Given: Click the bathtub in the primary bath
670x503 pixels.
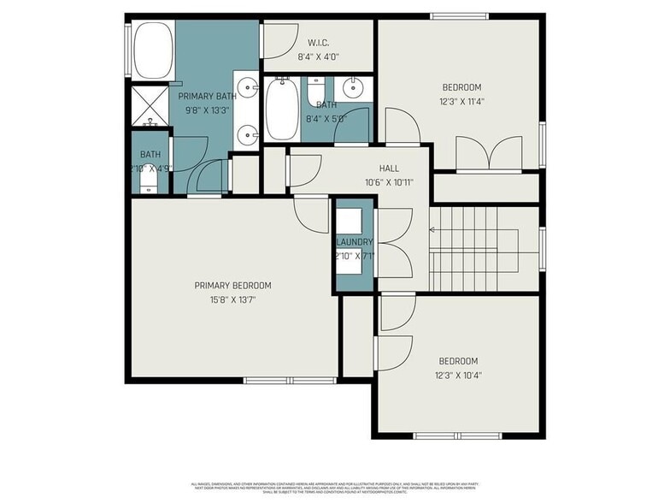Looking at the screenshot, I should click(154, 50).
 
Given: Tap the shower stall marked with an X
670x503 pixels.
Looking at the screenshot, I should click(150, 105).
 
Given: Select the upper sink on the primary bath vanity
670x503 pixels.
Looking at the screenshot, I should click(247, 86).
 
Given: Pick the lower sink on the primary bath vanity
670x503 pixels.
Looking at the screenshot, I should click(247, 133).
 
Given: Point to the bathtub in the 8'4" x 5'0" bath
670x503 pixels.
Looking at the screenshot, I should click(281, 109).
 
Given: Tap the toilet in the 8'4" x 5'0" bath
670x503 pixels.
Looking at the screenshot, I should click(316, 88).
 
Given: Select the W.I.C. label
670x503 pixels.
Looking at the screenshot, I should click(318, 43).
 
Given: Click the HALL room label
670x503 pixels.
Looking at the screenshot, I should click(389, 169).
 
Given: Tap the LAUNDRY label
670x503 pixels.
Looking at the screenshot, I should click(354, 242).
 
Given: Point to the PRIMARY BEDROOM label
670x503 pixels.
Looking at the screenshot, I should click(232, 286).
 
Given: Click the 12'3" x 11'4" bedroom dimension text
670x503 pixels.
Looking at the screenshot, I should click(461, 101).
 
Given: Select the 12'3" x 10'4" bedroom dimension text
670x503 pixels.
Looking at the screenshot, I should click(458, 375).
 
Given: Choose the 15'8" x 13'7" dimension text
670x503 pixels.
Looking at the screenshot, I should click(232, 299).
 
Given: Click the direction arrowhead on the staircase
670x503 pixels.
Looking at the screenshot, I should click(433, 229).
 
